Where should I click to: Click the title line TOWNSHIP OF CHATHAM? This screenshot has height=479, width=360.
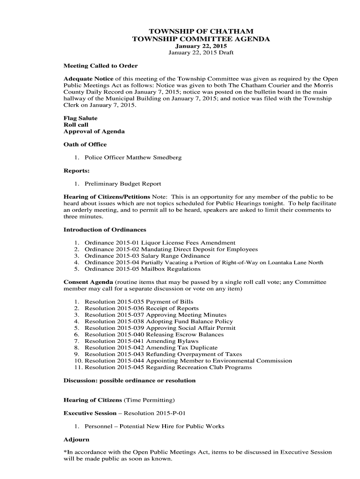(x=201, y=31)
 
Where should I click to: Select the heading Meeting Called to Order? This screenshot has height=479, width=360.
(x=101, y=66)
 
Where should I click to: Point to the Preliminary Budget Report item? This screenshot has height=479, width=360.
(x=123, y=184)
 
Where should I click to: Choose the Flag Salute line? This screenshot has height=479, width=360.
(x=80, y=118)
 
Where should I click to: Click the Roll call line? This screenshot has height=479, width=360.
(x=76, y=125)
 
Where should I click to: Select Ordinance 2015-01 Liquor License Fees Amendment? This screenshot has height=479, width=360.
(x=160, y=243)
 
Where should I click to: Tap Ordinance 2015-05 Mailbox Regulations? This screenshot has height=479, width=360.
(x=143, y=269)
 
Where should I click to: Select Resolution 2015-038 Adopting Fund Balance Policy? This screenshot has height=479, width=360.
(x=159, y=321)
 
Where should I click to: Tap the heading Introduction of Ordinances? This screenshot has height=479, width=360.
(x=105, y=230)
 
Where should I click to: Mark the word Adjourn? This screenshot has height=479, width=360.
(x=76, y=440)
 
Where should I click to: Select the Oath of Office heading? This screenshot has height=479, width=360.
(x=85, y=145)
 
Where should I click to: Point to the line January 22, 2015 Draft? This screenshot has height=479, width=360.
(x=201, y=53)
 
